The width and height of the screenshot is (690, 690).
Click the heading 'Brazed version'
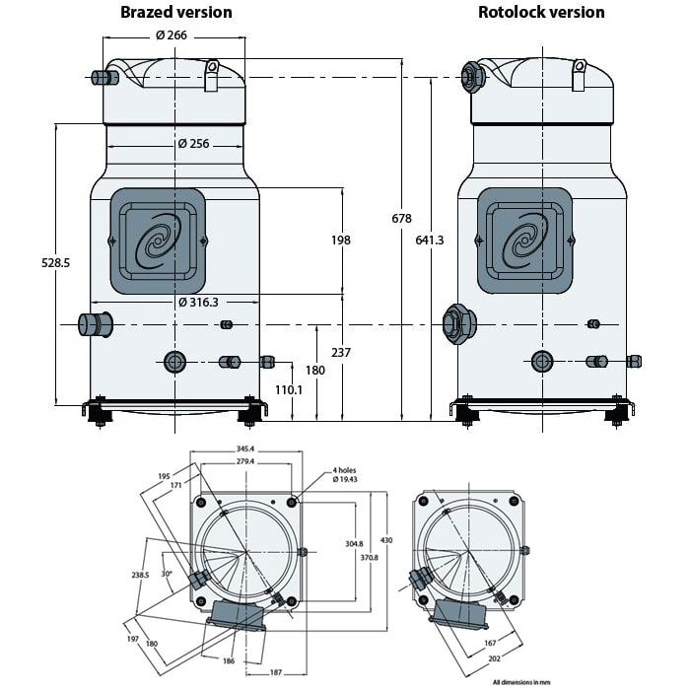(176, 13)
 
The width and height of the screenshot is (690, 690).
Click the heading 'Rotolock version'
(541, 13)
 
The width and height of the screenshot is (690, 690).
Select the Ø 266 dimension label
(172, 35)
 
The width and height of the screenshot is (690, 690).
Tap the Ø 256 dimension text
(194, 144)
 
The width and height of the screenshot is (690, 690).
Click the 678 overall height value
(400, 219)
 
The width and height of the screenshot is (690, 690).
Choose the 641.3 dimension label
(430, 240)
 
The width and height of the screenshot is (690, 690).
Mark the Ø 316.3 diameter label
(198, 302)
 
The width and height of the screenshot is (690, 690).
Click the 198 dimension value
(341, 240)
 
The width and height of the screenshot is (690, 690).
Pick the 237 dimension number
(341, 352)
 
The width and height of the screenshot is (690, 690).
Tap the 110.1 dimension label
(287, 389)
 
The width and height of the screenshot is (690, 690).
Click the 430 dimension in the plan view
(386, 540)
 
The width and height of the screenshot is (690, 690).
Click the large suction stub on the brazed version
(96, 323)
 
